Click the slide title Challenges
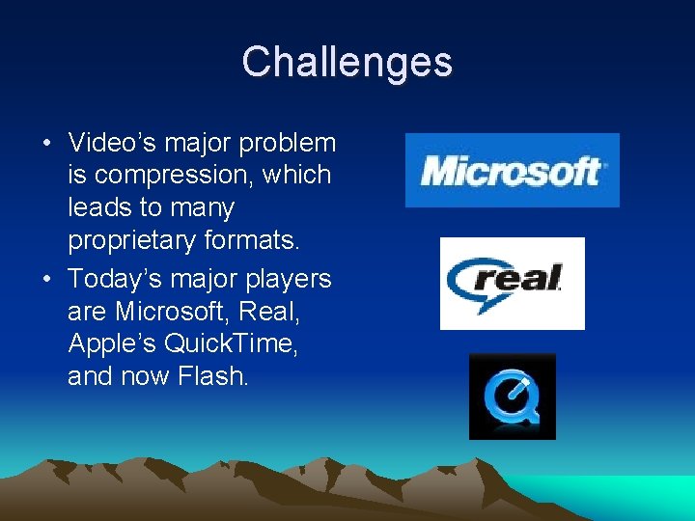pos(347,62)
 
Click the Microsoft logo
pos(512,171)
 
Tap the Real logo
pos(512,283)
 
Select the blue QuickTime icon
pos(512,397)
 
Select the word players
pos(290,279)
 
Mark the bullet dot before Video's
pos(46,144)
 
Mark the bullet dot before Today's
pos(46,280)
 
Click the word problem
pos(290,143)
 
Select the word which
pos(303,176)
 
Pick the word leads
pos(97,208)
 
